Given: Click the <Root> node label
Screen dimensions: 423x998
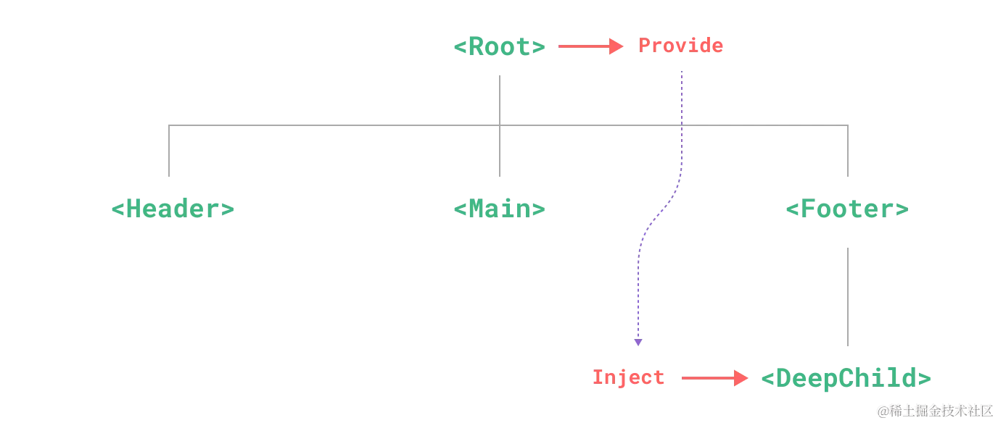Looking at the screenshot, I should click(x=499, y=47).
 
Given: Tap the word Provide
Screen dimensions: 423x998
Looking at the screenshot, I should click(x=681, y=46).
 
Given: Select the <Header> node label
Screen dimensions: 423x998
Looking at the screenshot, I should click(x=174, y=209).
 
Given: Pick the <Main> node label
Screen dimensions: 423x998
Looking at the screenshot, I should click(x=499, y=209).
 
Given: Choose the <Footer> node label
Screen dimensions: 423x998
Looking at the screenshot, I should click(x=847, y=210).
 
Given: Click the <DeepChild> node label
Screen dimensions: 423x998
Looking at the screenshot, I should click(x=847, y=378).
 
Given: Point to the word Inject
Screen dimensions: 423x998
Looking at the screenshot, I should click(x=629, y=377).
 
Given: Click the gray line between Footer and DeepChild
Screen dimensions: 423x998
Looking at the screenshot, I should click(x=849, y=296).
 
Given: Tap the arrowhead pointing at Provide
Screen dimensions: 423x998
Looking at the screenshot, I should click(x=617, y=47).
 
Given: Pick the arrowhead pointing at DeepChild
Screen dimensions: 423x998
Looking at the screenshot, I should click(x=741, y=378).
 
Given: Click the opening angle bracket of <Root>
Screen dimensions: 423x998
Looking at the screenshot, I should click(x=459, y=47).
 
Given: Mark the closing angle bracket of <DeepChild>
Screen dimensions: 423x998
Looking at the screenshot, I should click(x=926, y=378).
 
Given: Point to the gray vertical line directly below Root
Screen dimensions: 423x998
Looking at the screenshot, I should click(x=501, y=98).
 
